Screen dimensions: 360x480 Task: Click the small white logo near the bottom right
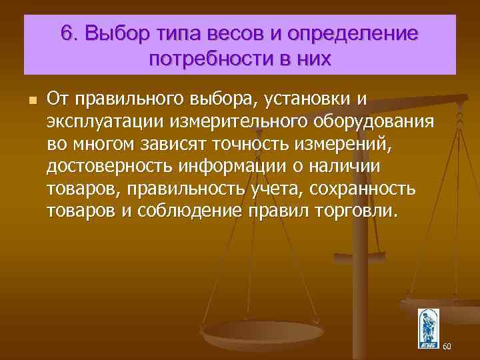[x=428, y=327]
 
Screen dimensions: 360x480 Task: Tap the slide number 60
[x=447, y=347]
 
